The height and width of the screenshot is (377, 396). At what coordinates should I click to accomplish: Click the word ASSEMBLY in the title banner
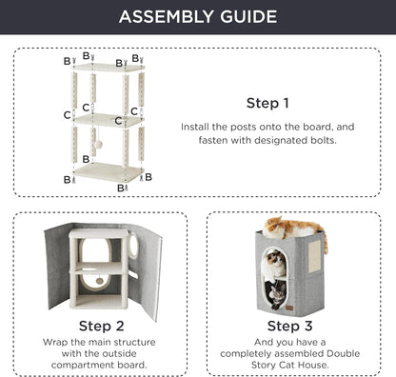(x=167, y=17)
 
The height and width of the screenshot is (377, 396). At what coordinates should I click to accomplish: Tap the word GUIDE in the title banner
(x=248, y=17)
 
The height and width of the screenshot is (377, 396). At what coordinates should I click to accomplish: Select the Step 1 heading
(x=267, y=103)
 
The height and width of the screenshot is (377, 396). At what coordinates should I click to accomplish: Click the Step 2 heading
(x=101, y=326)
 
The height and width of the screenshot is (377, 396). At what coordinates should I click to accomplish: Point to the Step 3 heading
(x=289, y=326)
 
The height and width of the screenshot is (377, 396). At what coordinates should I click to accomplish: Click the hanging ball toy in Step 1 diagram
(x=98, y=145)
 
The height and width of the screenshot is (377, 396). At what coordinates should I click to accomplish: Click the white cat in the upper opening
(x=275, y=263)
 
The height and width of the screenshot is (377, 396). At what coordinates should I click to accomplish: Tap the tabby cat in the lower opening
(x=277, y=294)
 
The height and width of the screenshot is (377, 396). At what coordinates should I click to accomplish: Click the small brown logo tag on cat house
(x=289, y=308)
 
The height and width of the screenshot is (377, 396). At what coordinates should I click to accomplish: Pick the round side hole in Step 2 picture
(x=133, y=246)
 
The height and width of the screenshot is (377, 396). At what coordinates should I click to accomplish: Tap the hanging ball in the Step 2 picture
(x=100, y=281)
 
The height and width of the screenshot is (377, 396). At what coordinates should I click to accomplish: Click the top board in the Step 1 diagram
(x=109, y=68)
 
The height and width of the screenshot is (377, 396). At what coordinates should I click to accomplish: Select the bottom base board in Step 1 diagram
(x=109, y=171)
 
